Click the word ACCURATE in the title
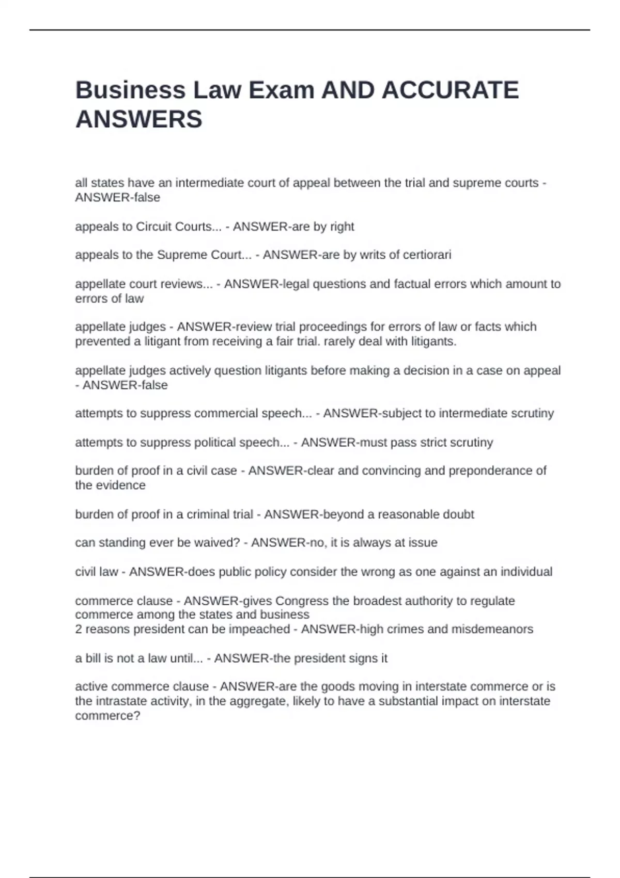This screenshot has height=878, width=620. pyautogui.click(x=450, y=90)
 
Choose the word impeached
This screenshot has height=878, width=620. pyautogui.click(x=263, y=629)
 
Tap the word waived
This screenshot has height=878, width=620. pyautogui.click(x=220, y=542)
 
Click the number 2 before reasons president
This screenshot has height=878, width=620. pyautogui.click(x=79, y=629)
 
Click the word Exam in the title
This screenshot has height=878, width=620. pyautogui.click(x=281, y=90)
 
